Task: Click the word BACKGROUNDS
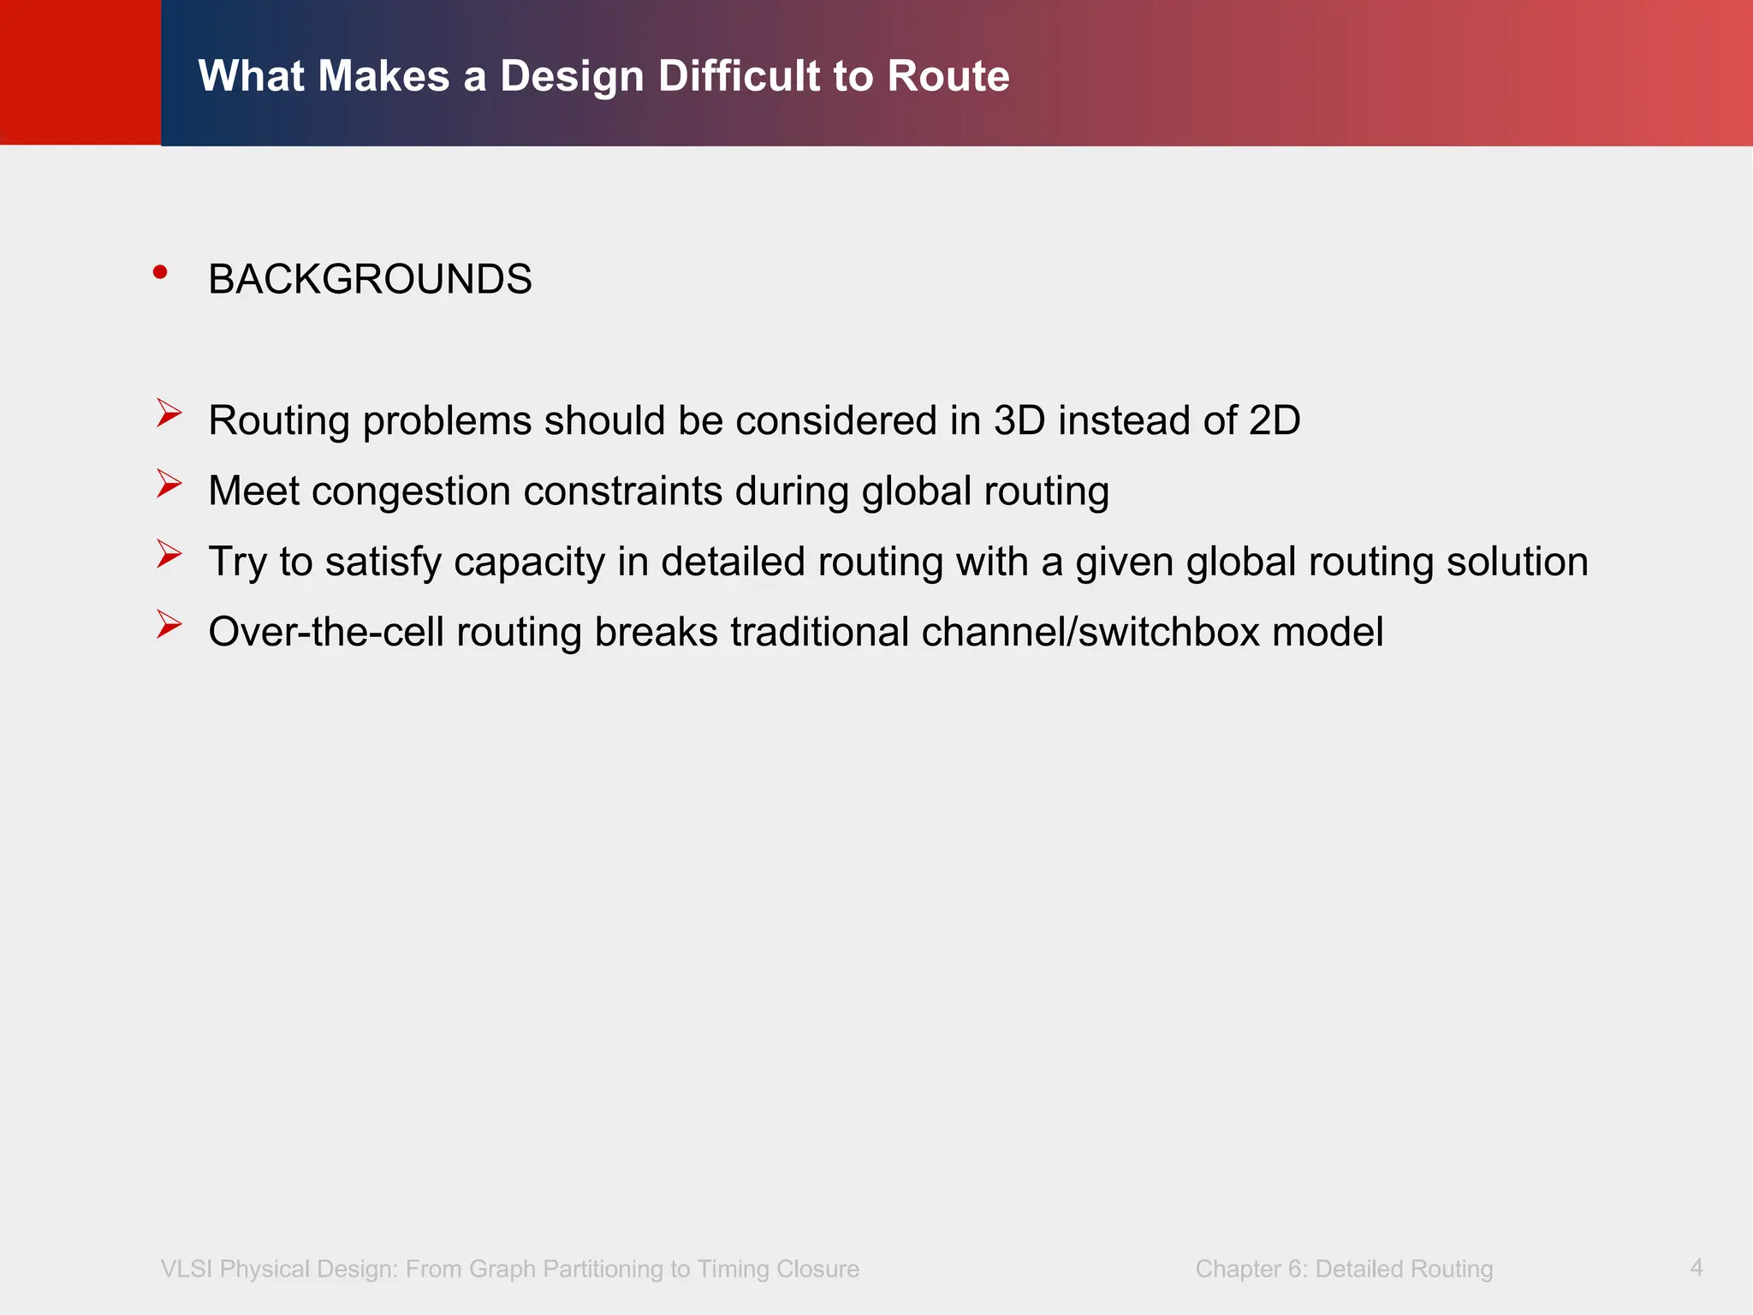(370, 280)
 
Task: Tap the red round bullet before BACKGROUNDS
(160, 272)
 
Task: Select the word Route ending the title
(948, 76)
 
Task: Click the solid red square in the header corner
(80, 72)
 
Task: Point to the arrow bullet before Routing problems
(169, 414)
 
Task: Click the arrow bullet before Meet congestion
(169, 484)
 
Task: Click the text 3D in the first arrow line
(1019, 420)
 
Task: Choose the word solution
(1517, 562)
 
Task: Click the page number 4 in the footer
(1697, 1267)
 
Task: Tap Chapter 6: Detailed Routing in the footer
(1344, 1269)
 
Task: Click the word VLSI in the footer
(186, 1269)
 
